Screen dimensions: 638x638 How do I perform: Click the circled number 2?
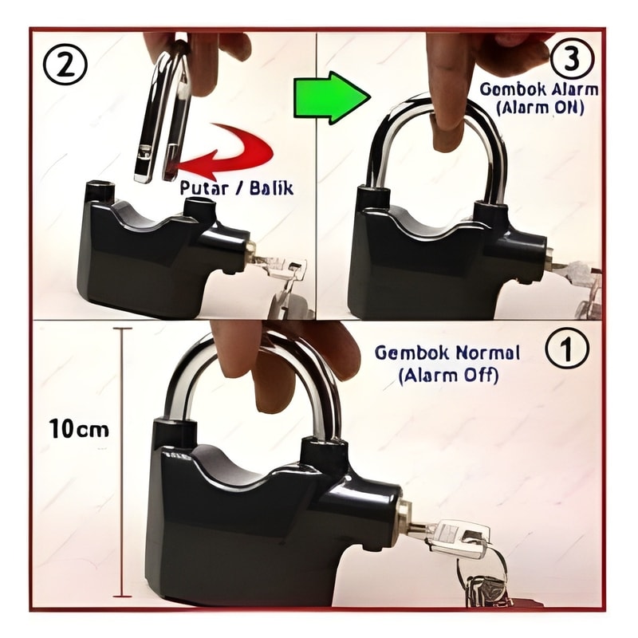[x=65, y=65]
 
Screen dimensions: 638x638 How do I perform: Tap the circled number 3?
[x=572, y=60]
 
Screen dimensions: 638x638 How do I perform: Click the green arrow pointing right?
[x=332, y=97]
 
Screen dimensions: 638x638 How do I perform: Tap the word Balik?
[x=272, y=188]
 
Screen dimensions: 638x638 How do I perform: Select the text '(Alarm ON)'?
[x=540, y=108]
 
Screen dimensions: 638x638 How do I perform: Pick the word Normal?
[x=483, y=352]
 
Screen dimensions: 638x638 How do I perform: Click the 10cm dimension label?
[x=79, y=429]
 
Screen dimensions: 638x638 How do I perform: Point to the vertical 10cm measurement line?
[x=122, y=463]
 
